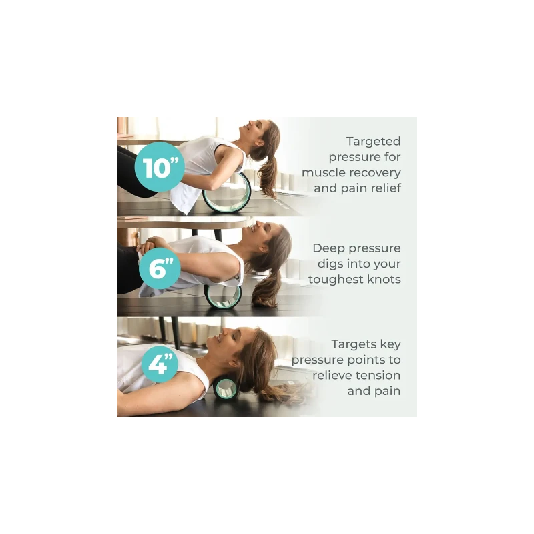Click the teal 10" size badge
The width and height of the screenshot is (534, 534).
[x=160, y=167]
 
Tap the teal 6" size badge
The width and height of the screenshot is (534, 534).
[x=160, y=268]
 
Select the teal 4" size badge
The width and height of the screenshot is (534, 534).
[x=160, y=364]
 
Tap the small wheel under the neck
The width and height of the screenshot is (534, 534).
[x=226, y=388]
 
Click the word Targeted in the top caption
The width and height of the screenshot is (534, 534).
[x=373, y=142]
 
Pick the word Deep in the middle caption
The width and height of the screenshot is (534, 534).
[x=327, y=248]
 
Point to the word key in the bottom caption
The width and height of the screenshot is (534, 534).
[x=390, y=344]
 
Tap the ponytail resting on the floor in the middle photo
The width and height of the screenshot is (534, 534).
[x=266, y=293]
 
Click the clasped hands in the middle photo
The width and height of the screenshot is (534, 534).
[x=152, y=244]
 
